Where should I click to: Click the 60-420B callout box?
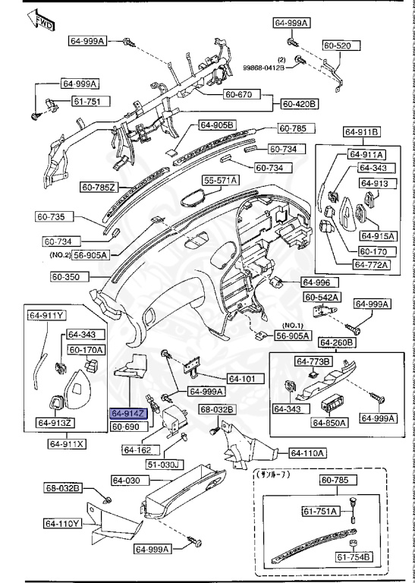click(x=300, y=102)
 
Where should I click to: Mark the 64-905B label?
click(x=218, y=124)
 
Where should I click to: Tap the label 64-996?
click(x=316, y=282)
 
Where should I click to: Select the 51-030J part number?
click(x=163, y=464)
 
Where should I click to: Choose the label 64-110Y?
click(x=62, y=523)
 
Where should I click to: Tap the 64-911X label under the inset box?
click(x=68, y=443)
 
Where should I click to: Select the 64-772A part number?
click(x=370, y=265)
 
